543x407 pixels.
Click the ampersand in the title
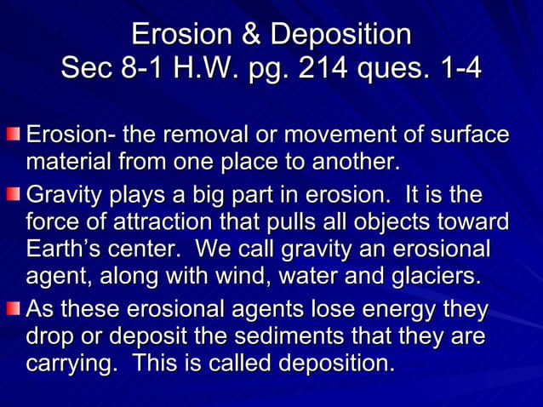[249, 36]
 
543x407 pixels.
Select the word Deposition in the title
[339, 36]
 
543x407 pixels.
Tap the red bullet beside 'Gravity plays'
[13, 197]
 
